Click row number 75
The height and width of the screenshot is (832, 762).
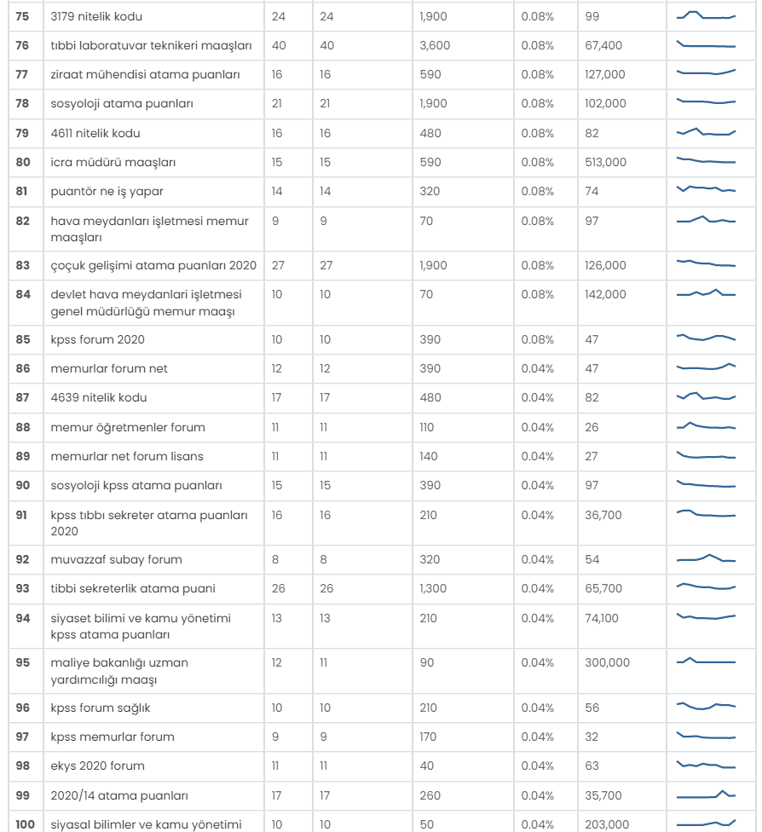point(22,16)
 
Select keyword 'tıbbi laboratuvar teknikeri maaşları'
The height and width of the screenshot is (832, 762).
point(151,46)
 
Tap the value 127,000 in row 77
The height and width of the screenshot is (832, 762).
point(605,74)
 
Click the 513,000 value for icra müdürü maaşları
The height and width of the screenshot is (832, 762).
point(605,162)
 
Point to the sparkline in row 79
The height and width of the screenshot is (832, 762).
point(707,132)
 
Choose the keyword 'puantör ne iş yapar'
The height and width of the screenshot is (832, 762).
point(107,192)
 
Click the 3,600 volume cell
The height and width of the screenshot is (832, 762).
point(435,46)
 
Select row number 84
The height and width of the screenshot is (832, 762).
point(23,294)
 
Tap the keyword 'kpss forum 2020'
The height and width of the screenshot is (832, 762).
point(98,339)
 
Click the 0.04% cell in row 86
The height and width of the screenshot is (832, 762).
point(538,369)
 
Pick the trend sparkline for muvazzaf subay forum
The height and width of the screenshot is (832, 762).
point(707,558)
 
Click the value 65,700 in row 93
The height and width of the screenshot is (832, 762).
point(603,588)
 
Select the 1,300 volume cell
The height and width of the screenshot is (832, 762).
point(433,588)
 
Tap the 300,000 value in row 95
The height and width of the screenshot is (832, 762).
point(608,662)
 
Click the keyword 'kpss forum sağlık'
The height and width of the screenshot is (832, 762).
point(101,708)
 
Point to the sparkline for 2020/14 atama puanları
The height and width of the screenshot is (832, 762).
point(707,794)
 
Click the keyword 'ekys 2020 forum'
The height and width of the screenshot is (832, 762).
point(98,766)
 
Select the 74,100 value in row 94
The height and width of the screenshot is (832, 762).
point(602,618)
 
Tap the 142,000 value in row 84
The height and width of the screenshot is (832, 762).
point(605,294)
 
